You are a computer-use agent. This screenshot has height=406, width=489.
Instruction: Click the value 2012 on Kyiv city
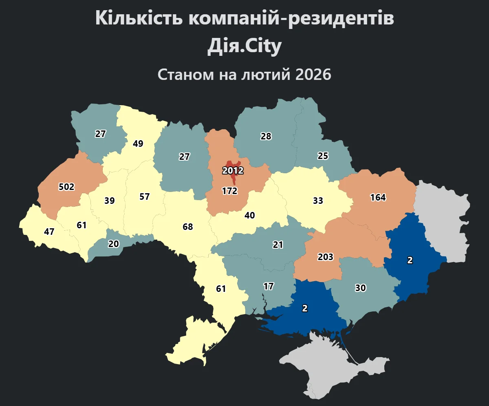click(233, 170)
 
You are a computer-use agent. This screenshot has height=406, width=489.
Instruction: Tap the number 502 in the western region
click(66, 187)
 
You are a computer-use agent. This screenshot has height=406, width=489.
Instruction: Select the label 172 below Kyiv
click(229, 191)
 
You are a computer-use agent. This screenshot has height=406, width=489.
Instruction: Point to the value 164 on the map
click(378, 197)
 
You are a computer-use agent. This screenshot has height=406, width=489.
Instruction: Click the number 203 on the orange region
click(326, 257)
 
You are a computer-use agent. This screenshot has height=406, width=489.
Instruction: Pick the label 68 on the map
click(188, 227)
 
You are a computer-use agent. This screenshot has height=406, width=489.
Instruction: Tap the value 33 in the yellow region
click(318, 201)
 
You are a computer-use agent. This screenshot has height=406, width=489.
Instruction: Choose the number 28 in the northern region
click(266, 136)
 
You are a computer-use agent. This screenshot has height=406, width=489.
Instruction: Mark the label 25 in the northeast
click(323, 156)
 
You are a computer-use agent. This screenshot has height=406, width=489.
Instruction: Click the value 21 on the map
click(278, 245)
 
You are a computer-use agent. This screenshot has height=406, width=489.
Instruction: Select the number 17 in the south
click(268, 286)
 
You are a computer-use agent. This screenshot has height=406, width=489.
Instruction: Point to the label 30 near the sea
click(360, 288)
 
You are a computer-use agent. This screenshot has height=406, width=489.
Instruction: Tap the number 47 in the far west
click(49, 232)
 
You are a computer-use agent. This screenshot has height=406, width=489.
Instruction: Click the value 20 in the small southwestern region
click(114, 244)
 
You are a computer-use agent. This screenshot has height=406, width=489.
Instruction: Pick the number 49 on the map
click(138, 143)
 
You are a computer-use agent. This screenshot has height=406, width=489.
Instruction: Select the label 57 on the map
click(144, 196)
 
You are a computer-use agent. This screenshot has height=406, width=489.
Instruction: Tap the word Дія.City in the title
click(244, 47)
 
